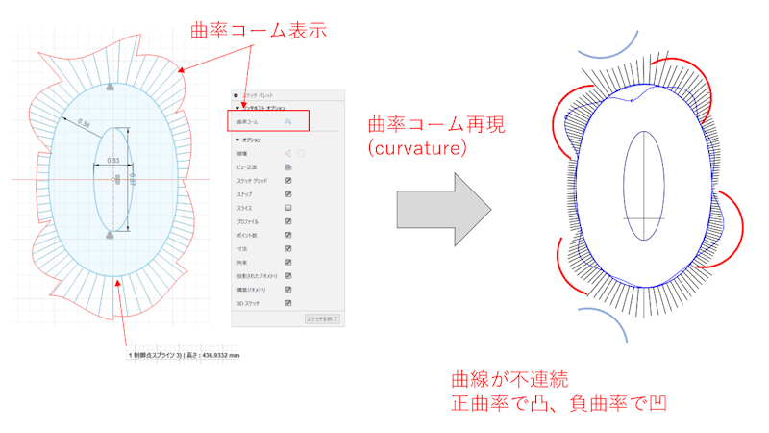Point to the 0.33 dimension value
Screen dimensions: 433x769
click(x=112, y=161)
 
